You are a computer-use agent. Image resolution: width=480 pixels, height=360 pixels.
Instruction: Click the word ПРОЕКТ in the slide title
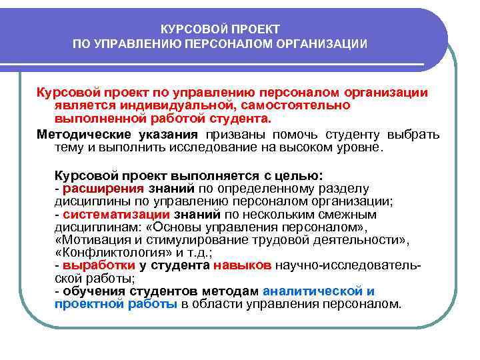click(x=255, y=30)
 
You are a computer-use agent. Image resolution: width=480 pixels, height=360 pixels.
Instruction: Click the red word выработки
click(x=93, y=265)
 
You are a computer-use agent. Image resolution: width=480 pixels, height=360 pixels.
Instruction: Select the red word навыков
click(x=242, y=265)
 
